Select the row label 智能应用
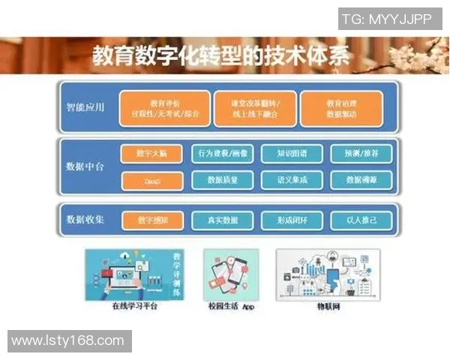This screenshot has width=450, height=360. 85,106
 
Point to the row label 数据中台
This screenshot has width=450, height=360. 85,166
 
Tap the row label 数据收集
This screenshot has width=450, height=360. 85,220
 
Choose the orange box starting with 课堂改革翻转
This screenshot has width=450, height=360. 253,109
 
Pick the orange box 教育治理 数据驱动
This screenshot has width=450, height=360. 341,109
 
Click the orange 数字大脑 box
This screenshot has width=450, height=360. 152,154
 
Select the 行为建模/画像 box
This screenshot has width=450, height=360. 223,154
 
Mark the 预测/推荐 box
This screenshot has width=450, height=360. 361,154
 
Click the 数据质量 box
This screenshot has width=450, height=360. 223,180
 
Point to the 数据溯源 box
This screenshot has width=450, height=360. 361,180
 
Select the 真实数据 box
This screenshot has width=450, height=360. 223,220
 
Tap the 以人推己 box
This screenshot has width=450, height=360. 361,220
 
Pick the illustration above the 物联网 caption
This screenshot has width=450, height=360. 328,273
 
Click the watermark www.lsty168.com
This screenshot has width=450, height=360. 68,341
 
